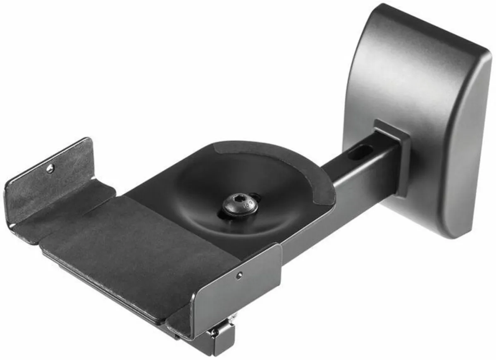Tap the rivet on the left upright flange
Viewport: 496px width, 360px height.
click(50, 168)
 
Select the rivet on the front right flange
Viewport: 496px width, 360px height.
click(238, 275)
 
